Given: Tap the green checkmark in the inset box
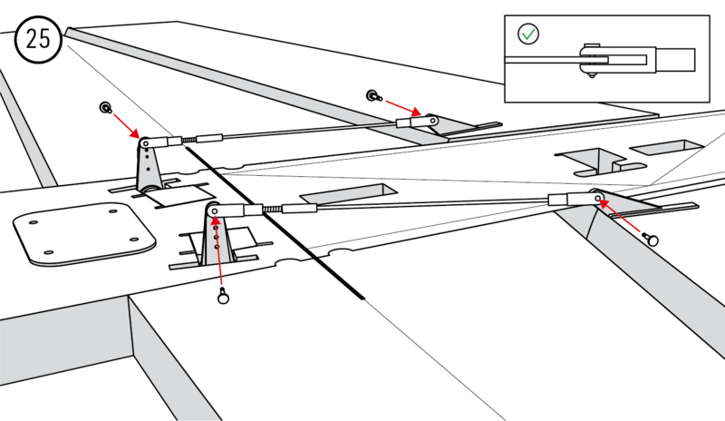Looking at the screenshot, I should pyautogui.click(x=528, y=34).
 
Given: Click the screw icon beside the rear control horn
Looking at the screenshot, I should pyautogui.click(x=106, y=108).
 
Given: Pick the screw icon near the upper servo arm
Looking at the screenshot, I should pyautogui.click(x=372, y=94).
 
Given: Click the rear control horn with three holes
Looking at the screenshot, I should pyautogui.click(x=145, y=163).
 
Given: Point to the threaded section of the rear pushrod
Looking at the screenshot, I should pyautogui.click(x=188, y=141).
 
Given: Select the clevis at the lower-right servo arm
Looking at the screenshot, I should pyautogui.click(x=574, y=198).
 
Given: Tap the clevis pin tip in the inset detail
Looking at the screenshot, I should pyautogui.click(x=592, y=73).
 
